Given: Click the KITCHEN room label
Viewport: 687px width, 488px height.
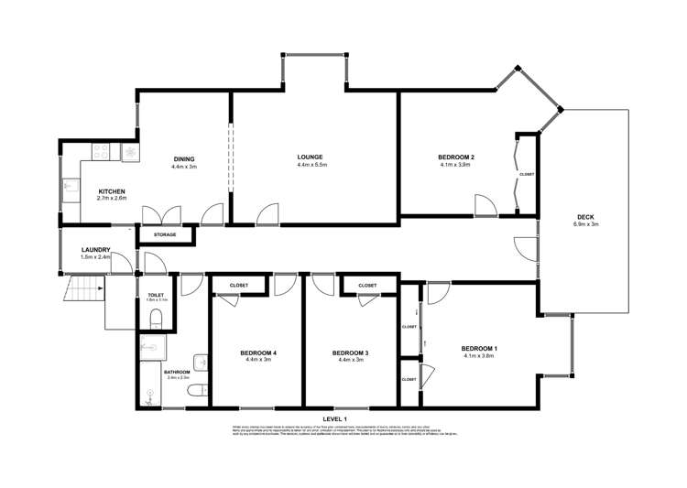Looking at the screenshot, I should coord(112,190).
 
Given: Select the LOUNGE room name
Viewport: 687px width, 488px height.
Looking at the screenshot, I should coord(311,157).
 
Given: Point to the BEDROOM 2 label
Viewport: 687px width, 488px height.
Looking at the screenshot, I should coord(455,157).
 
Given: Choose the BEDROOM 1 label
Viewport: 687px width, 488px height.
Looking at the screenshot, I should coord(479,348).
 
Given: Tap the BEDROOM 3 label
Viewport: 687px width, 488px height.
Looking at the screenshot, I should coord(350,352).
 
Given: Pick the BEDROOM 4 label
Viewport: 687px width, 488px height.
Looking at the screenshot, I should coord(258,352).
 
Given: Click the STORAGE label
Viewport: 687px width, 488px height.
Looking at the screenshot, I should coord(165,234).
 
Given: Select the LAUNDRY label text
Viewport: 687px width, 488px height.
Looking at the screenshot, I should coord(96,250).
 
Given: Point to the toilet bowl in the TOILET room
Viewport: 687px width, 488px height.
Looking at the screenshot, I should coord(155,319).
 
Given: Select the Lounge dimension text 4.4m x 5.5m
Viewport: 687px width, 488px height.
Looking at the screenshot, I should coord(311,165).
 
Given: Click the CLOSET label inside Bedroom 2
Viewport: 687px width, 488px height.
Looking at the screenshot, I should coord(526,174).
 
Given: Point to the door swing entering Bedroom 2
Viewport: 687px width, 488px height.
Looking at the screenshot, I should coord(483,205).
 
